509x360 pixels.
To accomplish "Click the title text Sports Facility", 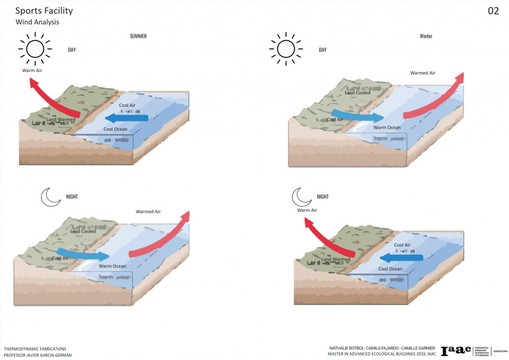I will pyautogui.click(x=44, y=11).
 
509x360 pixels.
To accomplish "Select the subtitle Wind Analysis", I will pyautogui.click(x=37, y=22).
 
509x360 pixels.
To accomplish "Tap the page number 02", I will pyautogui.click(x=493, y=11).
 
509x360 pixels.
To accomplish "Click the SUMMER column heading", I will pyautogui.click(x=138, y=36).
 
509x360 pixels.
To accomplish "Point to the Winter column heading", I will pyautogui.click(x=426, y=36).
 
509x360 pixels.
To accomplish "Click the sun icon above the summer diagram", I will pyautogui.click(x=35, y=49).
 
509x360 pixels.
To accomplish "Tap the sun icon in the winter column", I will pyautogui.click(x=286, y=49).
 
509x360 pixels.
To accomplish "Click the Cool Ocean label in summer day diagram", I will pyautogui.click(x=115, y=129).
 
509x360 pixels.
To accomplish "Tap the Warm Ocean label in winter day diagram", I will pyautogui.click(x=387, y=128).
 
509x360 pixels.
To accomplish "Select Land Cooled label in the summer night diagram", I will pyautogui.click(x=83, y=231).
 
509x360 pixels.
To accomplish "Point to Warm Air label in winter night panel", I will pyautogui.click(x=307, y=210).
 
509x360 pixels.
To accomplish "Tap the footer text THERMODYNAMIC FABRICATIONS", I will pyautogui.click(x=35, y=349).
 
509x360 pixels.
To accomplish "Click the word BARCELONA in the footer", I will pyautogui.click(x=499, y=351).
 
